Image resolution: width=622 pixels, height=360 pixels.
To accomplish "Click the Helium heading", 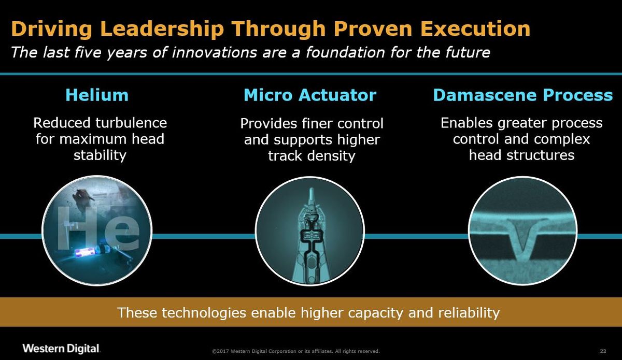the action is click(x=97, y=95).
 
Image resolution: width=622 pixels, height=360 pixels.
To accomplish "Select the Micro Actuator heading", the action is click(x=310, y=95).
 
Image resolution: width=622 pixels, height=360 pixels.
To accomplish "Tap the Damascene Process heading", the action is click(x=523, y=95).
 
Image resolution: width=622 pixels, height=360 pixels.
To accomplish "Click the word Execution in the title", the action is click(x=475, y=28).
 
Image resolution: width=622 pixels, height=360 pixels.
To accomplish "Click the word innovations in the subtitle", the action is click(x=215, y=52).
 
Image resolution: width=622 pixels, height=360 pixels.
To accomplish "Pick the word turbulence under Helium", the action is click(x=131, y=123).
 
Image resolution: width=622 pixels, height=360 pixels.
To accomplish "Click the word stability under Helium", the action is click(x=100, y=155).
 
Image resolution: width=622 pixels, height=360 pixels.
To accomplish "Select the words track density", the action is click(x=312, y=156).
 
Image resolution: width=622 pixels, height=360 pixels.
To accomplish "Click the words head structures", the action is click(x=521, y=155).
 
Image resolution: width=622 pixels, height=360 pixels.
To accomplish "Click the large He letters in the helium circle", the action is click(x=98, y=228).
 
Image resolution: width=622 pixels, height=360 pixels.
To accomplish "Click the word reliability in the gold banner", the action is click(x=469, y=312).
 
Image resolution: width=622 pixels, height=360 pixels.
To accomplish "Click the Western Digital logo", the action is click(x=61, y=349).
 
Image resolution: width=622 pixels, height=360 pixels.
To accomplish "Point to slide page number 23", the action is click(x=603, y=351).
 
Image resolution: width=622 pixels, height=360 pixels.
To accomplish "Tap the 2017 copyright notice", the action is click(x=296, y=351).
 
